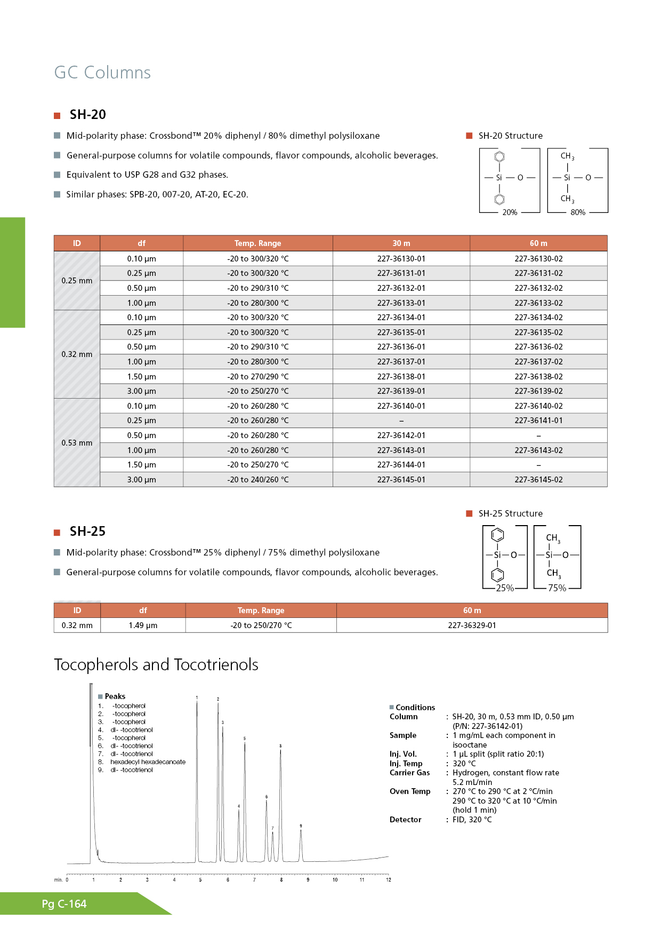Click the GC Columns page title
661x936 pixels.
pyautogui.click(x=102, y=73)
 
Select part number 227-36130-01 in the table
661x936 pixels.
pyautogui.click(x=401, y=259)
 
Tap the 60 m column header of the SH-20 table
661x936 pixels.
pyautogui.click(x=538, y=243)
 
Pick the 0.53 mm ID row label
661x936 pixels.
pyautogui.click(x=77, y=443)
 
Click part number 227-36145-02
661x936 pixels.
pyautogui.click(x=538, y=480)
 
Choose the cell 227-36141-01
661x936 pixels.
pyautogui.click(x=538, y=421)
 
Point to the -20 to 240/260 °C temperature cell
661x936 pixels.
pyautogui.click(x=258, y=480)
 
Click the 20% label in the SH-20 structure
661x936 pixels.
pyautogui.click(x=510, y=212)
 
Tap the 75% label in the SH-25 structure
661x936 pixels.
pyautogui.click(x=557, y=588)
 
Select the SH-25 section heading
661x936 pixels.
pyautogui.click(x=87, y=532)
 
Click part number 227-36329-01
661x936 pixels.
pyautogui.click(x=472, y=625)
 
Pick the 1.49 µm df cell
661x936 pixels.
pyautogui.click(x=143, y=625)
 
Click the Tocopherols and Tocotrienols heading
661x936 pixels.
pyautogui.click(x=156, y=665)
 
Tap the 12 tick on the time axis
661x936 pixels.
pyautogui.click(x=389, y=880)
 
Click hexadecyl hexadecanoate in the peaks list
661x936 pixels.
pyautogui.click(x=148, y=762)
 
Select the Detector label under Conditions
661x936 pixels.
pyautogui.click(x=405, y=820)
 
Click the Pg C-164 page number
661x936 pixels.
pyautogui.click(x=64, y=904)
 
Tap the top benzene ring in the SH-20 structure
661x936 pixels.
pyautogui.click(x=499, y=157)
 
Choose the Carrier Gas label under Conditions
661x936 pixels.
pyautogui.click(x=409, y=773)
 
